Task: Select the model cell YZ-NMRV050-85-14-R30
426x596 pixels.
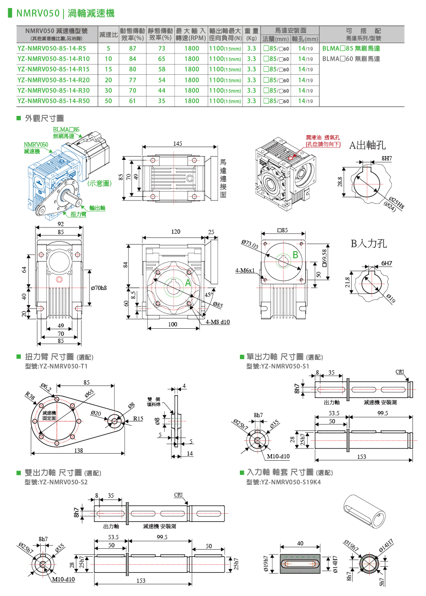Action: [x=53, y=90]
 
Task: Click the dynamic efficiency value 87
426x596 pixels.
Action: [x=133, y=48]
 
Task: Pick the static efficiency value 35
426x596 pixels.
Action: [x=161, y=101]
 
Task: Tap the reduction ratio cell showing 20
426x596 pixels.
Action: [x=108, y=80]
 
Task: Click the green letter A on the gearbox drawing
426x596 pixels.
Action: [x=187, y=283]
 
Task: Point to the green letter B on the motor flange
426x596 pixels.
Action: [x=295, y=255]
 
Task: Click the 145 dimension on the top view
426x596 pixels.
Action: [x=178, y=143]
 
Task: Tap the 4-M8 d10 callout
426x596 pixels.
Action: [x=218, y=322]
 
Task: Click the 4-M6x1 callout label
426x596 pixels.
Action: [x=245, y=271]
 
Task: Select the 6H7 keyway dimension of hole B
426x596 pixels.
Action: [x=386, y=263]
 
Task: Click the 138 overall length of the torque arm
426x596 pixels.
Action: [x=78, y=451]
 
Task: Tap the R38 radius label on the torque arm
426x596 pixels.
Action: [x=30, y=394]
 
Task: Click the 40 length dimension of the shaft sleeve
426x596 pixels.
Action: [x=300, y=543]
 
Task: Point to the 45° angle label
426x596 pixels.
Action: [x=208, y=295]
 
